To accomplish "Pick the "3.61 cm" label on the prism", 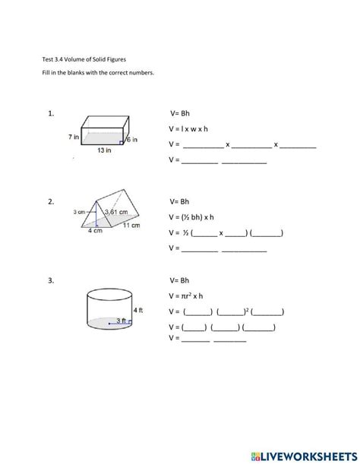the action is coord(115,211).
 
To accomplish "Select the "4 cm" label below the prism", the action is coord(95,231).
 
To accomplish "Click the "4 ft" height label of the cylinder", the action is coord(137,310).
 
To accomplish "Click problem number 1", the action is coord(50,114).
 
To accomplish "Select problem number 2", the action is coord(50,202).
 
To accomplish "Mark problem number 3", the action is coord(50,280).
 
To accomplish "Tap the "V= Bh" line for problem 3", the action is coord(179,280).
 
